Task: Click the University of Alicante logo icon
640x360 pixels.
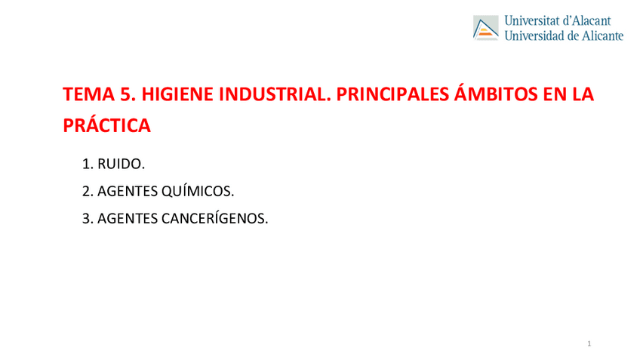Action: [485, 28]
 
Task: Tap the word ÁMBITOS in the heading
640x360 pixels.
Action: [492, 95]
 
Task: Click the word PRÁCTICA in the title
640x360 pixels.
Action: [107, 126]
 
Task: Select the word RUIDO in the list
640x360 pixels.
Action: [121, 164]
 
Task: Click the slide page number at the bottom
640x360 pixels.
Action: [589, 344]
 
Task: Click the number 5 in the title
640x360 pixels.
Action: [125, 95]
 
